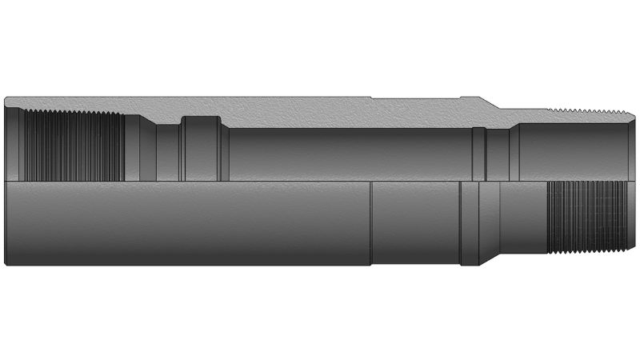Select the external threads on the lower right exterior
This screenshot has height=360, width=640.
coord(585,216)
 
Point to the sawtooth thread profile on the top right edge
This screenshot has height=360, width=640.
coord(589,109)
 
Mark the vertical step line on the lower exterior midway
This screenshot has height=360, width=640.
coord(371,224)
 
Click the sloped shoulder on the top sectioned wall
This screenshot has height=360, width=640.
coord(489,103)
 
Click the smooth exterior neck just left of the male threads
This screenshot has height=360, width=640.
coord(523,216)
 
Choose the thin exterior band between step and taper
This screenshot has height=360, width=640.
coord(470,224)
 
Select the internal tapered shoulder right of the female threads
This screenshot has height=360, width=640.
coord(132,148)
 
